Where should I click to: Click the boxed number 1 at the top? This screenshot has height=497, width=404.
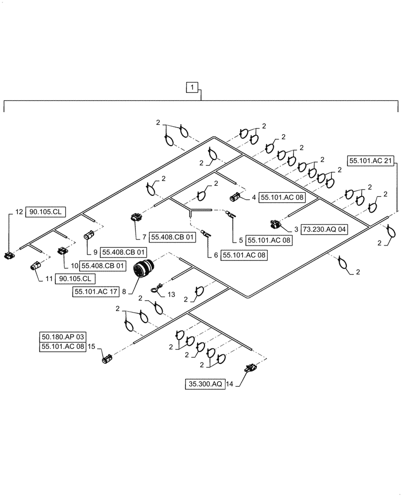(193, 88)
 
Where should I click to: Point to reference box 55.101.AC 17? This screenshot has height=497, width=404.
(96, 292)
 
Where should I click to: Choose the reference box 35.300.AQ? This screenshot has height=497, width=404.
(204, 384)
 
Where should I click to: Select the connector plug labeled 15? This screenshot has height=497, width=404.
(106, 358)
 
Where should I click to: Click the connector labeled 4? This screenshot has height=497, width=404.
(235, 198)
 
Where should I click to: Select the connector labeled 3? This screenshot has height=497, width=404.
(275, 225)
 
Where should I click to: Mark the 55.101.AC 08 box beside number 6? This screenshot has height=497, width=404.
(244, 255)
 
